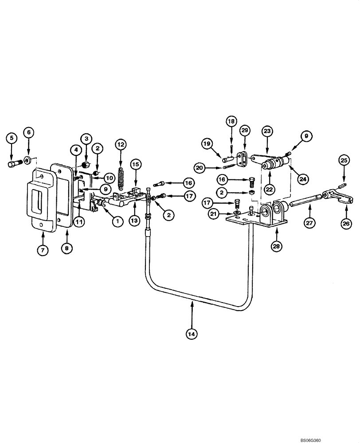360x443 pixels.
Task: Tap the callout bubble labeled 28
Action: (276, 245)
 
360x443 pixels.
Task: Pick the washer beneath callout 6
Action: (27, 159)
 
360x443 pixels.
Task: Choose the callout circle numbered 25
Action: (344, 159)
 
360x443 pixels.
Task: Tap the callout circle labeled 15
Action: (136, 164)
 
